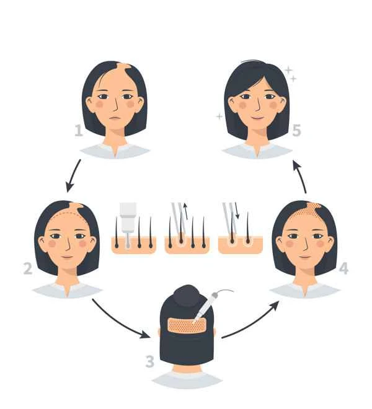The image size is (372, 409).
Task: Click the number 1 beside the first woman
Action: pos(79,130)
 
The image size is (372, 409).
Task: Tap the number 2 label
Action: pos(28,269)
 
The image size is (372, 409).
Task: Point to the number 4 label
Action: pos(343,269)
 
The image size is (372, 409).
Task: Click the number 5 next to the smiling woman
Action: pos(296,130)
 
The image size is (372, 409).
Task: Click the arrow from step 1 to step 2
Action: pos(73,175)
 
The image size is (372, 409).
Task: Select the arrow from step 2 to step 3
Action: pos(120,320)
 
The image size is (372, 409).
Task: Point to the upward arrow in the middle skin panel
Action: pos(184,215)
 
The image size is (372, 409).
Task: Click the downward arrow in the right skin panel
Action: pos(237,214)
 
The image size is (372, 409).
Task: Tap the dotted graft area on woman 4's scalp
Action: pos(307,213)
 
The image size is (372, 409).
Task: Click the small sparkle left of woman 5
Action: pos(219,116)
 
